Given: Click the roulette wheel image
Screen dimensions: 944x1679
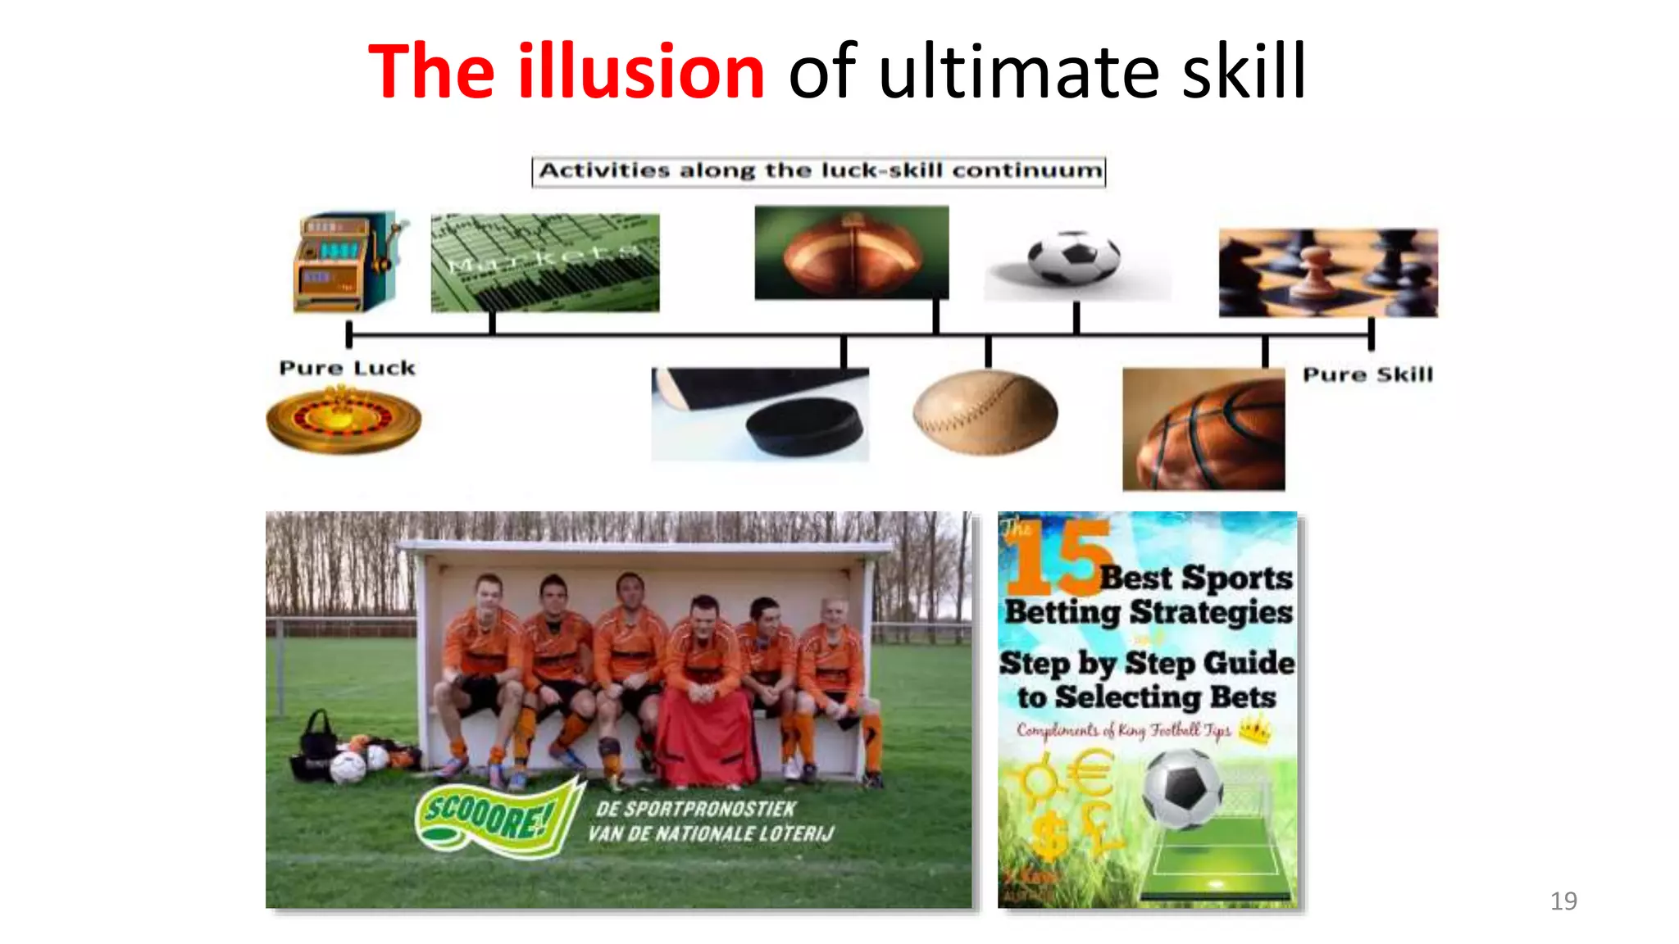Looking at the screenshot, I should [x=344, y=420].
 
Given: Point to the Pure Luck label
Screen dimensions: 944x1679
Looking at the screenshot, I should [x=348, y=368].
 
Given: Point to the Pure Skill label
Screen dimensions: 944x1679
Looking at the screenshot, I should [x=1367, y=374].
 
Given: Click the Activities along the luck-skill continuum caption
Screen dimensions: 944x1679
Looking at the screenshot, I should [x=819, y=171].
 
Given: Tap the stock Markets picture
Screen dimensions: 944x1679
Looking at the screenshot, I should [x=545, y=262].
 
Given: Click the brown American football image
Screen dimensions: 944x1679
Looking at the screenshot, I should [x=851, y=252].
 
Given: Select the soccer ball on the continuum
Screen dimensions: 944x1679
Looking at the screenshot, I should [x=1074, y=257].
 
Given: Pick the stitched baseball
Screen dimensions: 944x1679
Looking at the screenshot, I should [x=985, y=412].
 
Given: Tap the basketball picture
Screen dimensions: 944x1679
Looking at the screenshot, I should [x=1204, y=429].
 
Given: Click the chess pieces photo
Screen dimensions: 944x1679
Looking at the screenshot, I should [x=1328, y=273].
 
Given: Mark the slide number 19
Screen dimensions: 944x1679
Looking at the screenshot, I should [x=1563, y=901].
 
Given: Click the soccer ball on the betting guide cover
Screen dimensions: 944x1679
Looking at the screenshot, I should [x=1182, y=789].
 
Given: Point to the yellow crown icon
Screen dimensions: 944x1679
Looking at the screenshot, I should [x=1255, y=728].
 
